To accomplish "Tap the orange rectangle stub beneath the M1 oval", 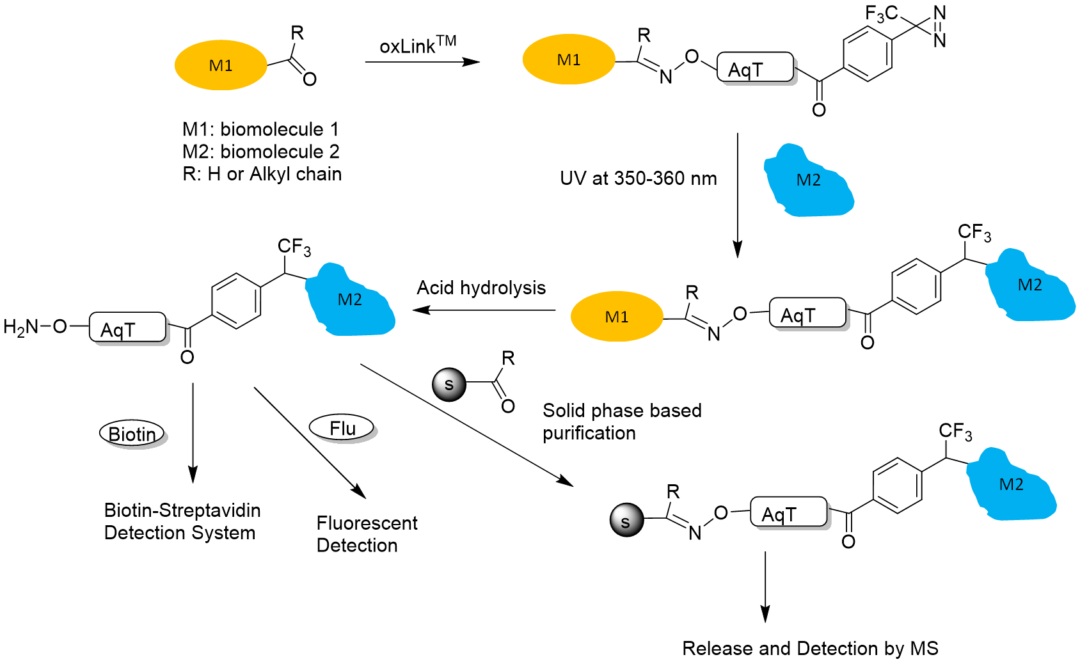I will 221,95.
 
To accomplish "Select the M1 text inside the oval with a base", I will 221,65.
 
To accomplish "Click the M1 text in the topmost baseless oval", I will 569,59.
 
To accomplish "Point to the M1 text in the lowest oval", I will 617,317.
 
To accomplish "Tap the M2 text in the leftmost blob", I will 350,299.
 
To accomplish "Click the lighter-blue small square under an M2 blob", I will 825,220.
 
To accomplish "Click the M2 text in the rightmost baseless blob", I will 1030,285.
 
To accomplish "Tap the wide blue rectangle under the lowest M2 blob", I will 1021,518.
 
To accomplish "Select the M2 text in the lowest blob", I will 1012,484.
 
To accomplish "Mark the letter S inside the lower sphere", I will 626,523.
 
